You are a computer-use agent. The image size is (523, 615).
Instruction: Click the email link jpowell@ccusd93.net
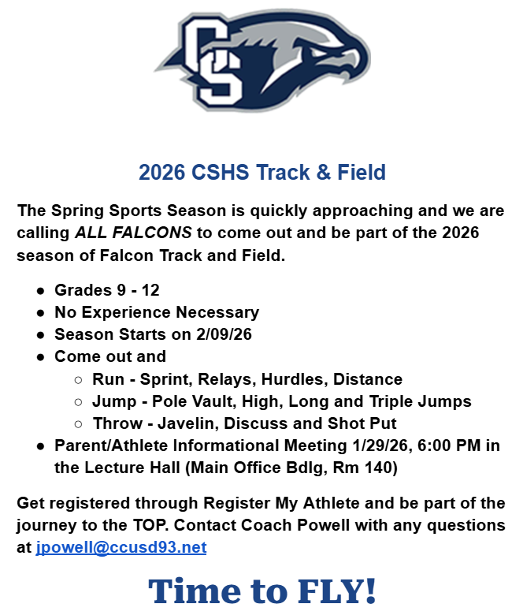[x=121, y=547]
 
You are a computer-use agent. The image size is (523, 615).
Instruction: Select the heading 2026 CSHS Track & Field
[x=261, y=172]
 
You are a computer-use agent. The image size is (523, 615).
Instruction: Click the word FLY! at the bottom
[x=331, y=591]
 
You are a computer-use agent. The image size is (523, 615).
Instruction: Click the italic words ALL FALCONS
[x=133, y=233]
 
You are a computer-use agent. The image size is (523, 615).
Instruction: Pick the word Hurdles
[x=297, y=379]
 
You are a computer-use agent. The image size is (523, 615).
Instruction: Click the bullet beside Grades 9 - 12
[x=40, y=290]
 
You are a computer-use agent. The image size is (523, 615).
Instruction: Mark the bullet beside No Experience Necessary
[x=40, y=312]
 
